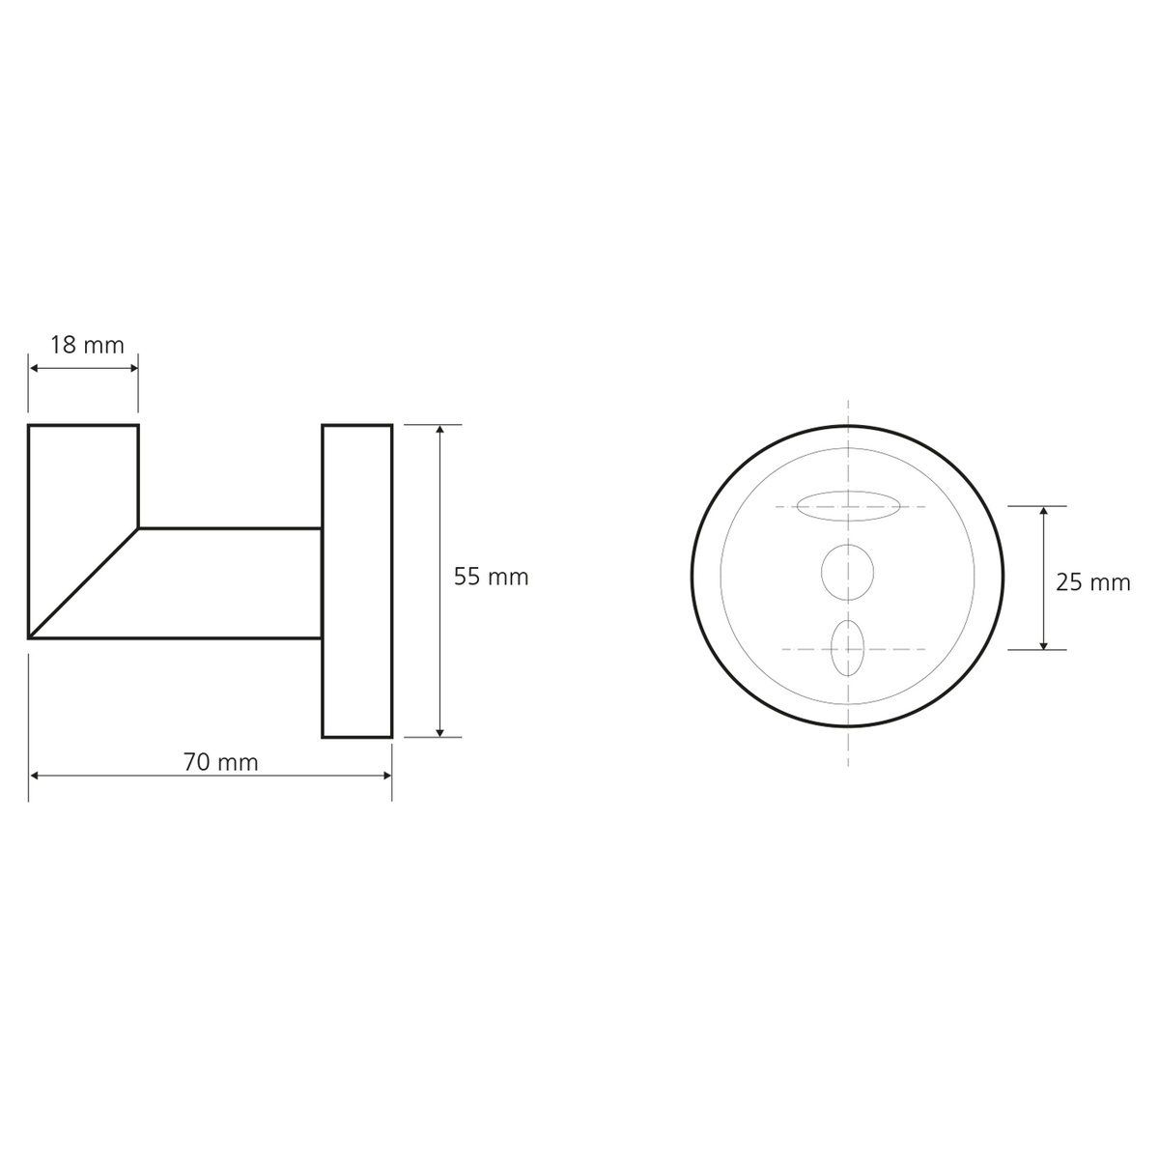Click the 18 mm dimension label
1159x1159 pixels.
click(87, 345)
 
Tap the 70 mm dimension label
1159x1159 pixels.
click(221, 763)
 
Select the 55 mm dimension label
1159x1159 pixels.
click(491, 577)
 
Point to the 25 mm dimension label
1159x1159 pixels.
click(1092, 582)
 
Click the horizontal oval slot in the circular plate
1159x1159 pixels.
click(848, 506)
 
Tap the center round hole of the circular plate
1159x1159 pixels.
click(847, 572)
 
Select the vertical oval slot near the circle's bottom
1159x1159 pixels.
click(847, 648)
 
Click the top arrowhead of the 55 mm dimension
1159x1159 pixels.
click(439, 430)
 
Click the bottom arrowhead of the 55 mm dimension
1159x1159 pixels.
click(439, 732)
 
